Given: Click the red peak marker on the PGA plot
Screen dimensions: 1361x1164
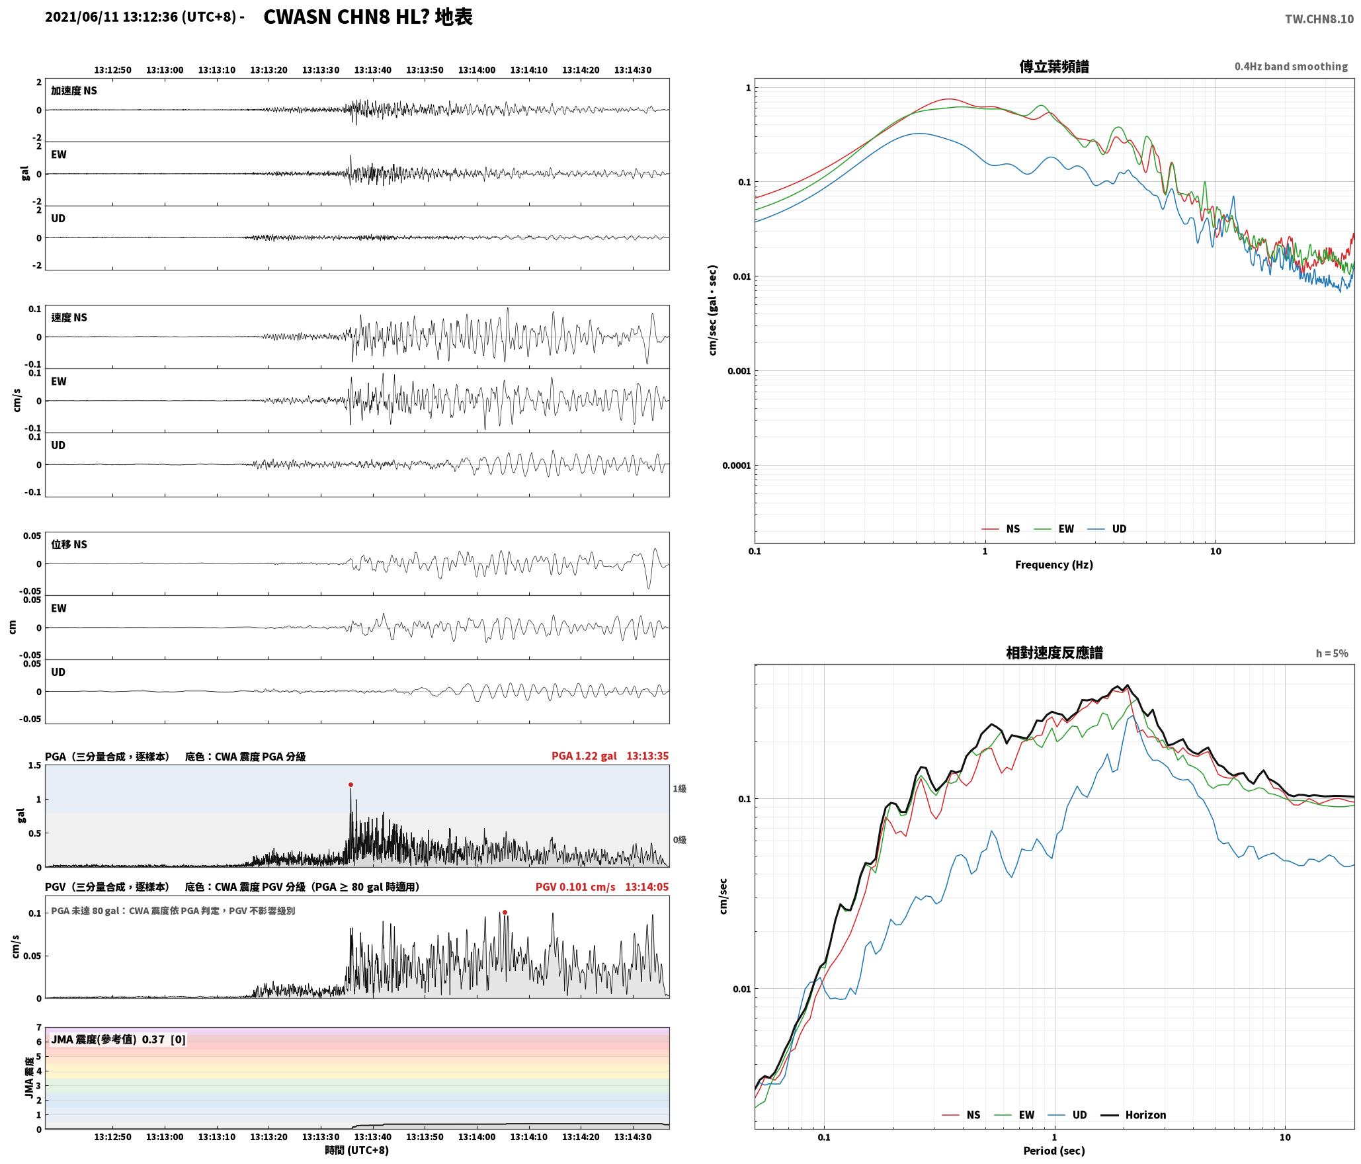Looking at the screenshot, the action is tap(351, 785).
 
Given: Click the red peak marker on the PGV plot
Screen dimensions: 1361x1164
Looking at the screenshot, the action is tap(505, 913).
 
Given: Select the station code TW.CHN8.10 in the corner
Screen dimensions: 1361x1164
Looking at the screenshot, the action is tap(1319, 19).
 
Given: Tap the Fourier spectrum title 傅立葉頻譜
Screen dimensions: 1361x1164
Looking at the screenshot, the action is tap(1054, 67).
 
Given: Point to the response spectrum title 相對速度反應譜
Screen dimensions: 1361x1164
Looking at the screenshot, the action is tap(1054, 653).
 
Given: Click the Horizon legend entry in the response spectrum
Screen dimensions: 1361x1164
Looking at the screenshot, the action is tap(1134, 1115).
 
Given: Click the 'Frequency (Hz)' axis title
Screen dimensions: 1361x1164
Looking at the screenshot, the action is tap(1054, 565).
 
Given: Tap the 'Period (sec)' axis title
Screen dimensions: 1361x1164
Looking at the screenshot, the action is tap(1054, 1151).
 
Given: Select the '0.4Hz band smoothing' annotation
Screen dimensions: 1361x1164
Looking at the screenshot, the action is tap(1291, 67).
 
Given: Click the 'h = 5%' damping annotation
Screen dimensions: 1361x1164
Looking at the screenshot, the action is tap(1332, 653).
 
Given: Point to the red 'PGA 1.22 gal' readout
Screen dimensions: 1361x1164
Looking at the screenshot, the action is tap(584, 756).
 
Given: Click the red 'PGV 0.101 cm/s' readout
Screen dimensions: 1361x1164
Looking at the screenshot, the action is tap(575, 887).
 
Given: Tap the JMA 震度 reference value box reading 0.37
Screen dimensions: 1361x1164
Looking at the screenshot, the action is tap(118, 1040).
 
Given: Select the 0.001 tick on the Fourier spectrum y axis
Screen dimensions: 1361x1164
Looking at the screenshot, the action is tap(738, 371).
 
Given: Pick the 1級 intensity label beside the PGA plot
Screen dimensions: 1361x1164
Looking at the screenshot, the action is tap(679, 789).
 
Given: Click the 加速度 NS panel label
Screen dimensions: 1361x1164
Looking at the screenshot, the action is tap(74, 91).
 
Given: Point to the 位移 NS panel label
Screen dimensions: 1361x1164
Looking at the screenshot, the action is tap(69, 545).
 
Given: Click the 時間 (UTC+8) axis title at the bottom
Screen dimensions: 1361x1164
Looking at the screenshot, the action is tap(357, 1150).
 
